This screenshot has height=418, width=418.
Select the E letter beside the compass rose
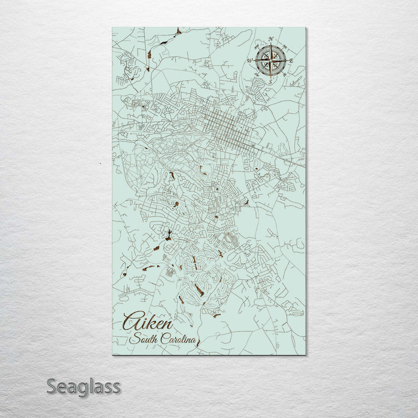coord(291,60)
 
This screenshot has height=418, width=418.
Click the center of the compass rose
coord(271,60)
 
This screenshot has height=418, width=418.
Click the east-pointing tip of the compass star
coord(286,60)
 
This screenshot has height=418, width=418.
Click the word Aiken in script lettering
coord(147,323)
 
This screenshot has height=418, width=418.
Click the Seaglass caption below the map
coord(84,386)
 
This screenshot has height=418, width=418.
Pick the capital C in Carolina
coord(162,340)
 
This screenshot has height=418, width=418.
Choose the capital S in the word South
coord(134,339)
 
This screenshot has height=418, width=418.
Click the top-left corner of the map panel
coord(112,28)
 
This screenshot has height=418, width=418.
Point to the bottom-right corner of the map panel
coord(305,354)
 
